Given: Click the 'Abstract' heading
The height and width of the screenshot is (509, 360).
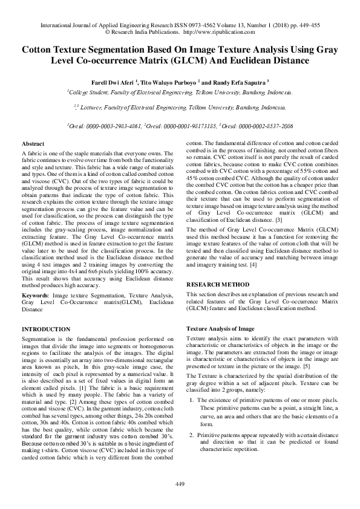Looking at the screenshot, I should [32, 144].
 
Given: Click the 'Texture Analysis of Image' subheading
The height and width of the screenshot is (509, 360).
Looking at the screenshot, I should [220, 328].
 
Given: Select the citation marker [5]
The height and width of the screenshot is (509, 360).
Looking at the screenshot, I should [307, 367].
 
